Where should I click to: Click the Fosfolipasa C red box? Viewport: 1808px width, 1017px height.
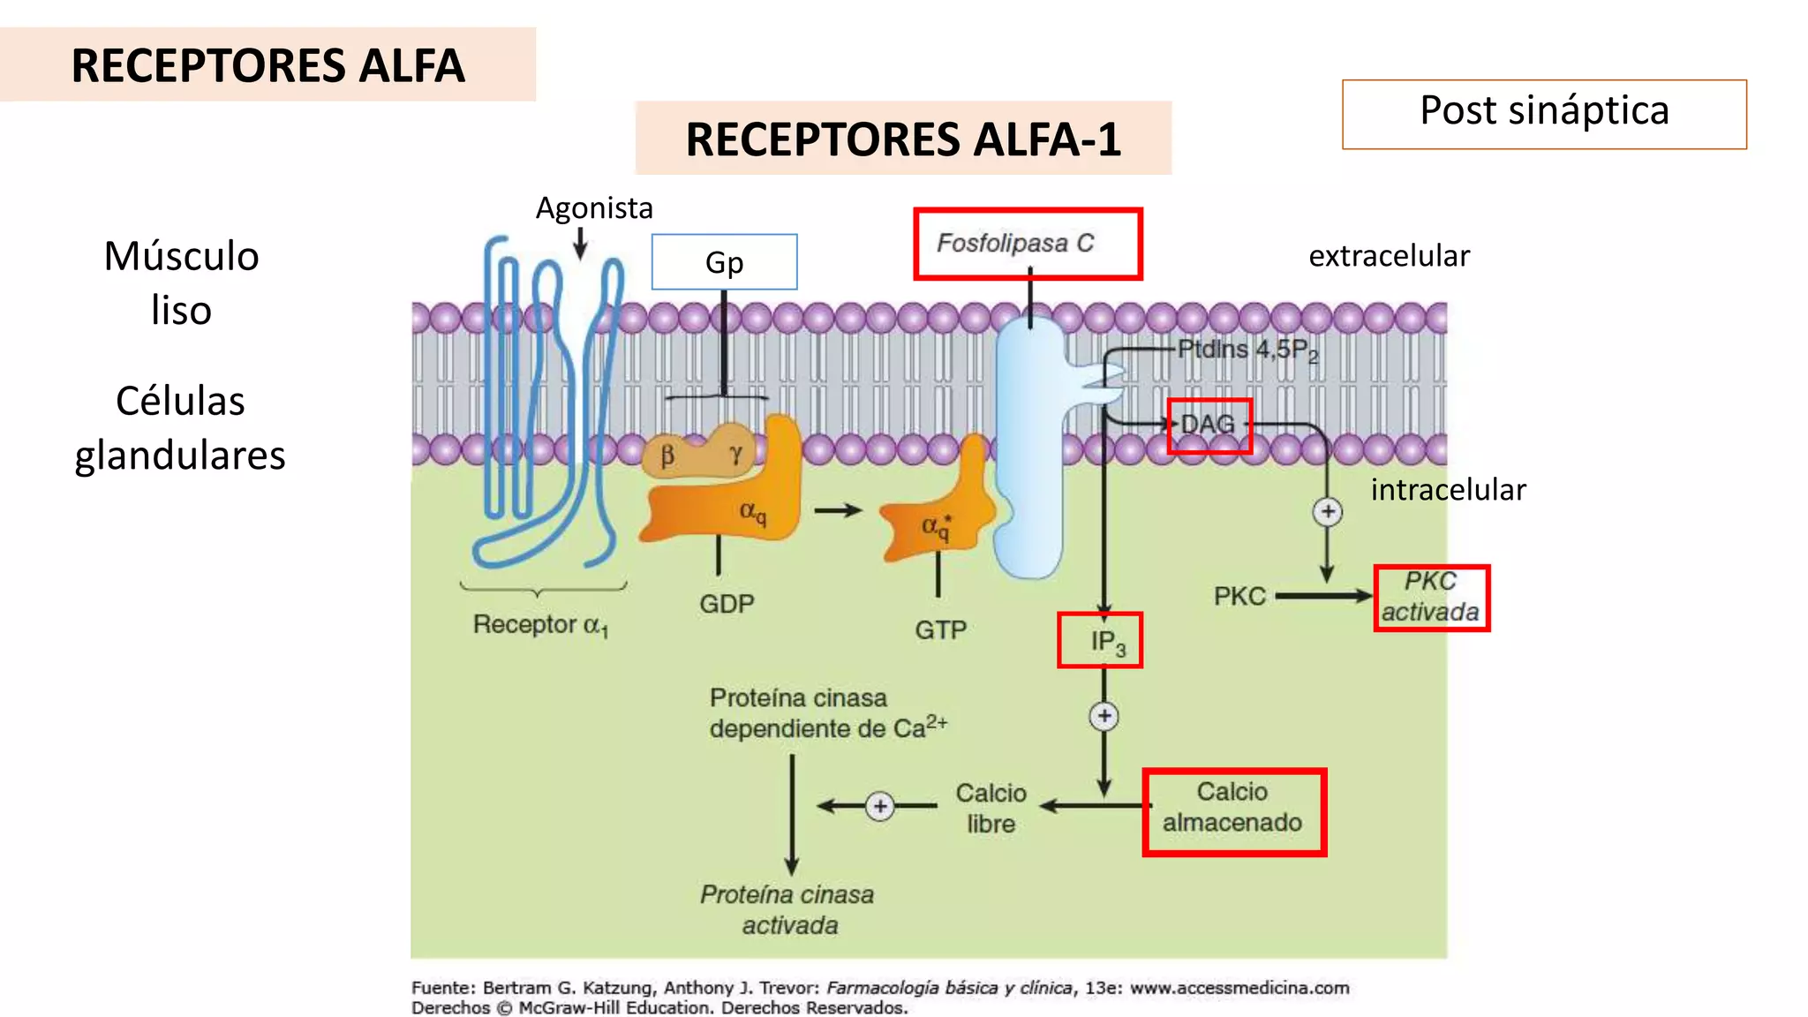pos(1028,245)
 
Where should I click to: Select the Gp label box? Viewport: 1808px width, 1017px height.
pos(724,262)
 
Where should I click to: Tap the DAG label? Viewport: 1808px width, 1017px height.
pos(1209,425)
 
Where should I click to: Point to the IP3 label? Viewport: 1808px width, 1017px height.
pos(1100,640)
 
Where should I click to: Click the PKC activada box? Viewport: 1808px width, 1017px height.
pos(1431,598)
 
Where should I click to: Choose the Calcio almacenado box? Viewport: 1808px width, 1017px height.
pos(1233,811)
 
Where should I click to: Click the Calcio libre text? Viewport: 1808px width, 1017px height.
pos(991,808)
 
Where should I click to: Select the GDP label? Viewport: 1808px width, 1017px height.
pos(727,605)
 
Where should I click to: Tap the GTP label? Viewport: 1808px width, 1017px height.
pos(940,630)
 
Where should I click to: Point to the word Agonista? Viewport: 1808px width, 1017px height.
pos(594,208)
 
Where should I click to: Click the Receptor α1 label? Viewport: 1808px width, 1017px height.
pos(540,625)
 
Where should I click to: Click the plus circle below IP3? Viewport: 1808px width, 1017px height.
pos(1104,716)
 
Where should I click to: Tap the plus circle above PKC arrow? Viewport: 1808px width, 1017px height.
pos(1327,512)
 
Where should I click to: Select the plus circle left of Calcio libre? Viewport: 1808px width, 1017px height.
pos(880,806)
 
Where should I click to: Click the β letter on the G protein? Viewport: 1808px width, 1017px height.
pos(667,456)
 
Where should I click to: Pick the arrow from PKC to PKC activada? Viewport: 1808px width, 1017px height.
pos(1322,597)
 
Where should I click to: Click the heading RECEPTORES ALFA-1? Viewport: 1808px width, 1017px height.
pos(903,139)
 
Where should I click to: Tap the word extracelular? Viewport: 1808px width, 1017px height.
pos(1389,256)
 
